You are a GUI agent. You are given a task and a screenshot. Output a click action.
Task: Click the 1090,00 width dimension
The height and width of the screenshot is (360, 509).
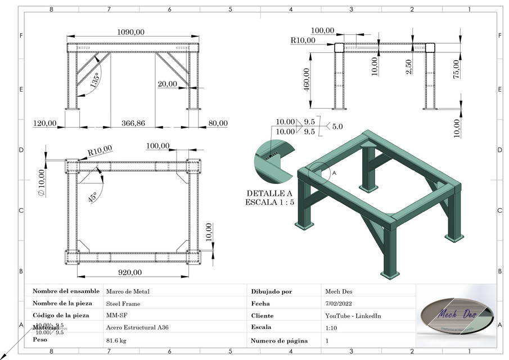pyautogui.click(x=130, y=33)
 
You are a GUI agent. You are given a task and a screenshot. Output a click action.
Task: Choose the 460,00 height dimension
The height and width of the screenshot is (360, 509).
pyautogui.click(x=307, y=88)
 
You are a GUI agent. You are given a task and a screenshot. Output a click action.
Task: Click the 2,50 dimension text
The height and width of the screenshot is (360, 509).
pyautogui.click(x=409, y=66)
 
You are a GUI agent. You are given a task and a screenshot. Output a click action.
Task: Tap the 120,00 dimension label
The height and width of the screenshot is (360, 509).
pyautogui.click(x=45, y=123)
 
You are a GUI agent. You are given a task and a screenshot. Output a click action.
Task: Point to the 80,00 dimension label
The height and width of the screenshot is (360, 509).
pyautogui.click(x=217, y=123)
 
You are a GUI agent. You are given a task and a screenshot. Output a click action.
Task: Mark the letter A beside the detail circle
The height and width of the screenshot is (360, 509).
pyautogui.click(x=334, y=174)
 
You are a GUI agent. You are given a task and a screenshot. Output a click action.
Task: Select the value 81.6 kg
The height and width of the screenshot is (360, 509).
pyautogui.click(x=116, y=340)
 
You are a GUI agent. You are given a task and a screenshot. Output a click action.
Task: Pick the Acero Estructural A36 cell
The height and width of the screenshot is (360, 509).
pyautogui.click(x=137, y=327)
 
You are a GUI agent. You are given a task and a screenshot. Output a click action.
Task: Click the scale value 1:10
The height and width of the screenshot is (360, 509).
pyautogui.click(x=332, y=327)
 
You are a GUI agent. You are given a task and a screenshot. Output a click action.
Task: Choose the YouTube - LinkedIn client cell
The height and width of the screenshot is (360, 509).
pyautogui.click(x=353, y=316)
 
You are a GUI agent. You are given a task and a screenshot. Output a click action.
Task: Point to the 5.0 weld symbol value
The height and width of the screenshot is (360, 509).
pyautogui.click(x=337, y=127)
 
